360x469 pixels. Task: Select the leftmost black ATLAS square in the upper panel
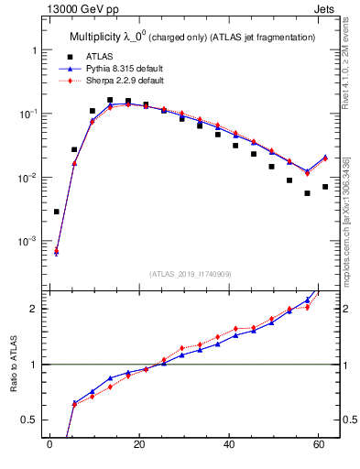point(57,212)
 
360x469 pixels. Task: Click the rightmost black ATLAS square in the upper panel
point(325,187)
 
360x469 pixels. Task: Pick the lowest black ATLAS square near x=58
point(308,193)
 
